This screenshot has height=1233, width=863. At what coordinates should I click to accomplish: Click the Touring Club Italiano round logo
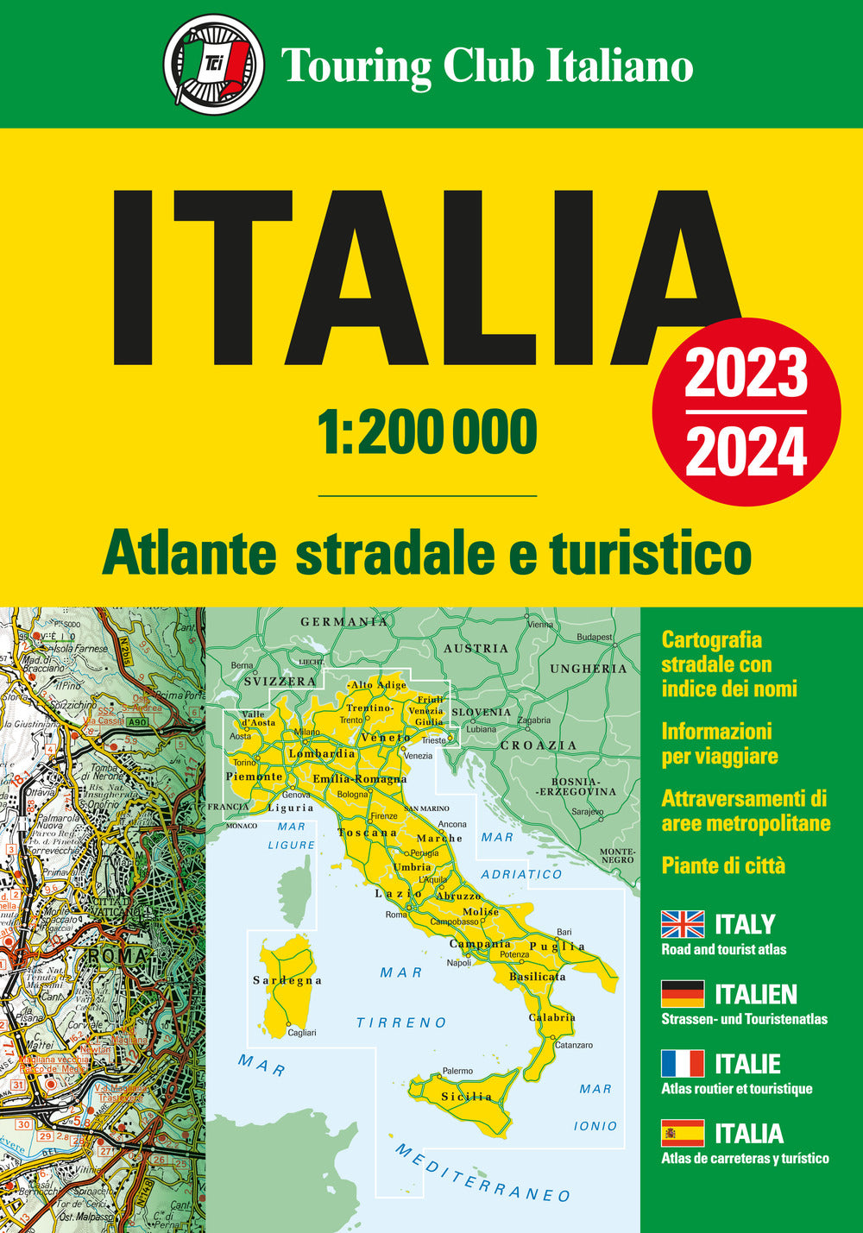pos(213,65)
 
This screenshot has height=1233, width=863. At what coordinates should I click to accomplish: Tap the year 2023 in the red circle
pos(746,374)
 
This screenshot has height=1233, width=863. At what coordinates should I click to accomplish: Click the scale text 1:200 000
pos(427,432)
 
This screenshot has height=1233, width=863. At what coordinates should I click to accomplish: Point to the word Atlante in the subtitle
pos(190,555)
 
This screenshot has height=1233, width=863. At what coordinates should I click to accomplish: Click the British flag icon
pos(683,924)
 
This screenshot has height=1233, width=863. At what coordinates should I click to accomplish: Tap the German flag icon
pos(683,994)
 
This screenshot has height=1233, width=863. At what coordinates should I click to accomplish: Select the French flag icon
pos(683,1063)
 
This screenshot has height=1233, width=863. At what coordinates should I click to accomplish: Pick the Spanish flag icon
pos(683,1133)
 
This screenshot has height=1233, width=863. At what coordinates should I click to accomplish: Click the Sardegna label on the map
pos(287,980)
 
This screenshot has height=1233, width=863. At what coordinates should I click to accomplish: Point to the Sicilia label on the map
pos(466,1097)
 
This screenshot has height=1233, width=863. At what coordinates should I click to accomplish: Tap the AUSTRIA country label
pos(476,648)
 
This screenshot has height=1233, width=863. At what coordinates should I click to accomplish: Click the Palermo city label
pos(457,1071)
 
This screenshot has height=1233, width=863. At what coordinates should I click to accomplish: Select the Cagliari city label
pos(301,1033)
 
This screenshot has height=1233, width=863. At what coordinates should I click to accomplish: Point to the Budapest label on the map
pos(595,637)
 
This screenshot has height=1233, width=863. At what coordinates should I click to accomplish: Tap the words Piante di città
pos(723,865)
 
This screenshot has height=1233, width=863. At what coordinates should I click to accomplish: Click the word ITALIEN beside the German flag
pos(756,995)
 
